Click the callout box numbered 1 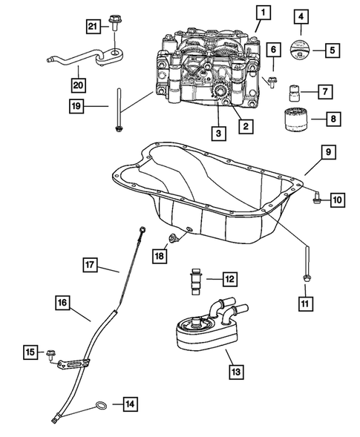pyautogui.click(x=263, y=13)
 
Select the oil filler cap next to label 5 pyautogui.click(x=300, y=50)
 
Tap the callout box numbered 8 pyautogui.click(x=333, y=119)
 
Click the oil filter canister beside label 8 pyautogui.click(x=296, y=119)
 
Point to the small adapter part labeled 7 pyautogui.click(x=293, y=93)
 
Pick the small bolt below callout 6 pyautogui.click(x=272, y=83)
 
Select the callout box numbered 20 pyautogui.click(x=78, y=85)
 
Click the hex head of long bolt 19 pyautogui.click(x=119, y=128)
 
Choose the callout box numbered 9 pyautogui.click(x=328, y=152)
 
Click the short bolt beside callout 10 pyautogui.click(x=317, y=197)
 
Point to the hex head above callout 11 pyautogui.click(x=306, y=277)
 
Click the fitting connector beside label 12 pyautogui.click(x=196, y=281)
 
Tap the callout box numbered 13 pyautogui.click(x=236, y=372)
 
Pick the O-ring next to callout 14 pyautogui.click(x=101, y=406)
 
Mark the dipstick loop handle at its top pyautogui.click(x=143, y=230)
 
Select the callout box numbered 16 pyautogui.click(x=62, y=303)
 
